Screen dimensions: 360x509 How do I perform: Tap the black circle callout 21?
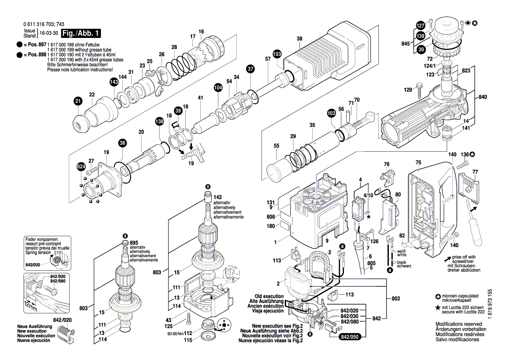[78, 102]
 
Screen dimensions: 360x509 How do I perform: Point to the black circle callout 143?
[114, 82]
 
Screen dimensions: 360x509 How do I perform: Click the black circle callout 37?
[250, 69]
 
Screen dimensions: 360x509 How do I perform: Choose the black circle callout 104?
[218, 88]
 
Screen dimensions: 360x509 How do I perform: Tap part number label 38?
[300, 39]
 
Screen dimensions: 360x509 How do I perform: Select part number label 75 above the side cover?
[418, 163]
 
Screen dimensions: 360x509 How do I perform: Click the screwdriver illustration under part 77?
[475, 222]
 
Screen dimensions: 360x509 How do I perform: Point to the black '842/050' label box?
[351, 337]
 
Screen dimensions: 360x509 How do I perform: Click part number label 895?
[134, 242]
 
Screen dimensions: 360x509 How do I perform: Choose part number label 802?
[395, 299]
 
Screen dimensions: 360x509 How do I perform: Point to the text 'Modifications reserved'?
[459, 324]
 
